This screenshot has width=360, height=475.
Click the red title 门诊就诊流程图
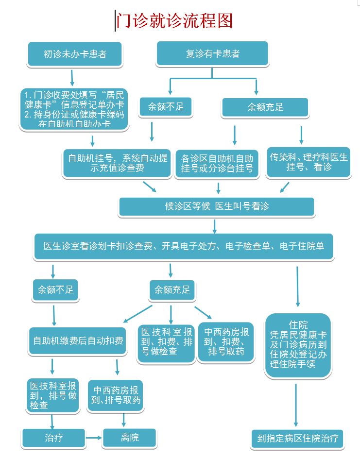click(x=174, y=21)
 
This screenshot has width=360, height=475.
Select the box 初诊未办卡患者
click(x=75, y=54)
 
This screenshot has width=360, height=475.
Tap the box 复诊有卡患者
click(x=212, y=53)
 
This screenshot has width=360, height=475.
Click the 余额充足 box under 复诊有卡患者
click(x=265, y=107)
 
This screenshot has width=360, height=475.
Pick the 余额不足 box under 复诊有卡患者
click(x=166, y=106)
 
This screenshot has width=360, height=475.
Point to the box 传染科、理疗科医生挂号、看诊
click(x=308, y=162)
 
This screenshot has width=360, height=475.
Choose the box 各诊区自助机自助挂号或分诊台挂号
click(x=217, y=163)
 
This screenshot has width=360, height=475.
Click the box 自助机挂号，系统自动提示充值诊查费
click(x=117, y=163)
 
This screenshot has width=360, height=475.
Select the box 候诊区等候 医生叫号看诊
click(x=217, y=206)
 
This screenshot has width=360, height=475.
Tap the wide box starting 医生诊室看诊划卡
click(x=184, y=246)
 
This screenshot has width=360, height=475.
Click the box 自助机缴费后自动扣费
click(x=78, y=341)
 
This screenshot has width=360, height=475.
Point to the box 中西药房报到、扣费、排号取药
click(x=226, y=342)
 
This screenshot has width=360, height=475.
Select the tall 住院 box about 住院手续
click(x=298, y=345)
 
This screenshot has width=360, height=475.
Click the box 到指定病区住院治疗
click(x=298, y=439)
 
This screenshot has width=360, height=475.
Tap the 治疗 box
click(x=53, y=438)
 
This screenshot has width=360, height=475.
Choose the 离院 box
click(x=130, y=438)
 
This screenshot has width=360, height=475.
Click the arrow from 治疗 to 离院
click(x=94, y=438)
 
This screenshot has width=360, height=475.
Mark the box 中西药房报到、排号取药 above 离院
click(x=116, y=395)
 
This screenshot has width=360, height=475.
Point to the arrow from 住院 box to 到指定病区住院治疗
click(x=296, y=406)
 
